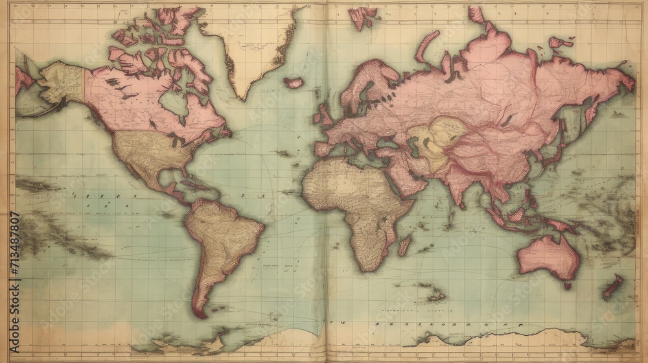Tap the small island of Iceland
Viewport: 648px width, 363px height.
click(x=294, y=83)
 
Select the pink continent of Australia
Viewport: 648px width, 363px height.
click(x=548, y=255)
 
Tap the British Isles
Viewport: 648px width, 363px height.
click(x=322, y=115)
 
